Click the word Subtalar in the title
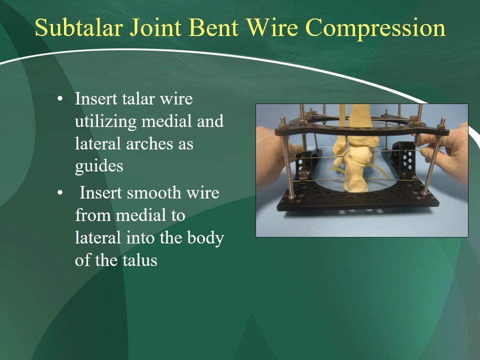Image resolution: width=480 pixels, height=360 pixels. (x=79, y=27)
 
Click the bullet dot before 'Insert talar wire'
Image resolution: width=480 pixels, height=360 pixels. (x=60, y=99)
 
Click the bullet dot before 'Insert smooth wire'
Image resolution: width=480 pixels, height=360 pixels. (x=60, y=193)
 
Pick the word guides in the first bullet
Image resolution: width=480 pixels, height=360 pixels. (x=99, y=166)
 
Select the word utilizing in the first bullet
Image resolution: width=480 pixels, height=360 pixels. (x=105, y=121)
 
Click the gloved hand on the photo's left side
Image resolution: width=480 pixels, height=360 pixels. (x=274, y=159)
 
